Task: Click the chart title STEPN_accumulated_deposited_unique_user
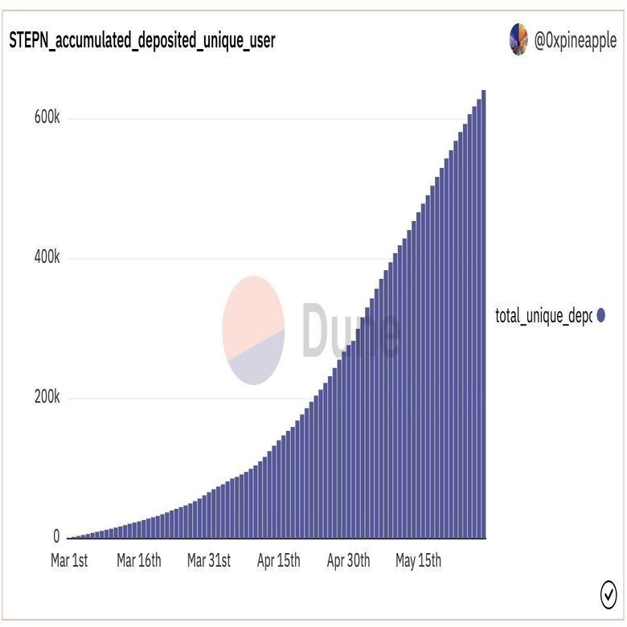[141, 41]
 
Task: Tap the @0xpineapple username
[576, 41]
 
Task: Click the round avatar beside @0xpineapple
[518, 39]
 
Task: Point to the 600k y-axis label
[47, 117]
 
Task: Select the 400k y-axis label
[47, 258]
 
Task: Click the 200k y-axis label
[47, 398]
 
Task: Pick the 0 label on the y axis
[56, 536]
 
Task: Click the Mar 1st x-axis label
[69, 561]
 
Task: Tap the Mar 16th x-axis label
[138, 561]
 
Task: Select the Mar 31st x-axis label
[209, 561]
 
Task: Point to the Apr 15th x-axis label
[278, 561]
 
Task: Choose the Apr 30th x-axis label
[348, 561]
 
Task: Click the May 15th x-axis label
[418, 561]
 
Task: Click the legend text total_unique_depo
[543, 316]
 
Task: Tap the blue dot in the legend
[600, 316]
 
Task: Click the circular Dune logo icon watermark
[253, 330]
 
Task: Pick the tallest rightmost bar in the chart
[483, 322]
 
